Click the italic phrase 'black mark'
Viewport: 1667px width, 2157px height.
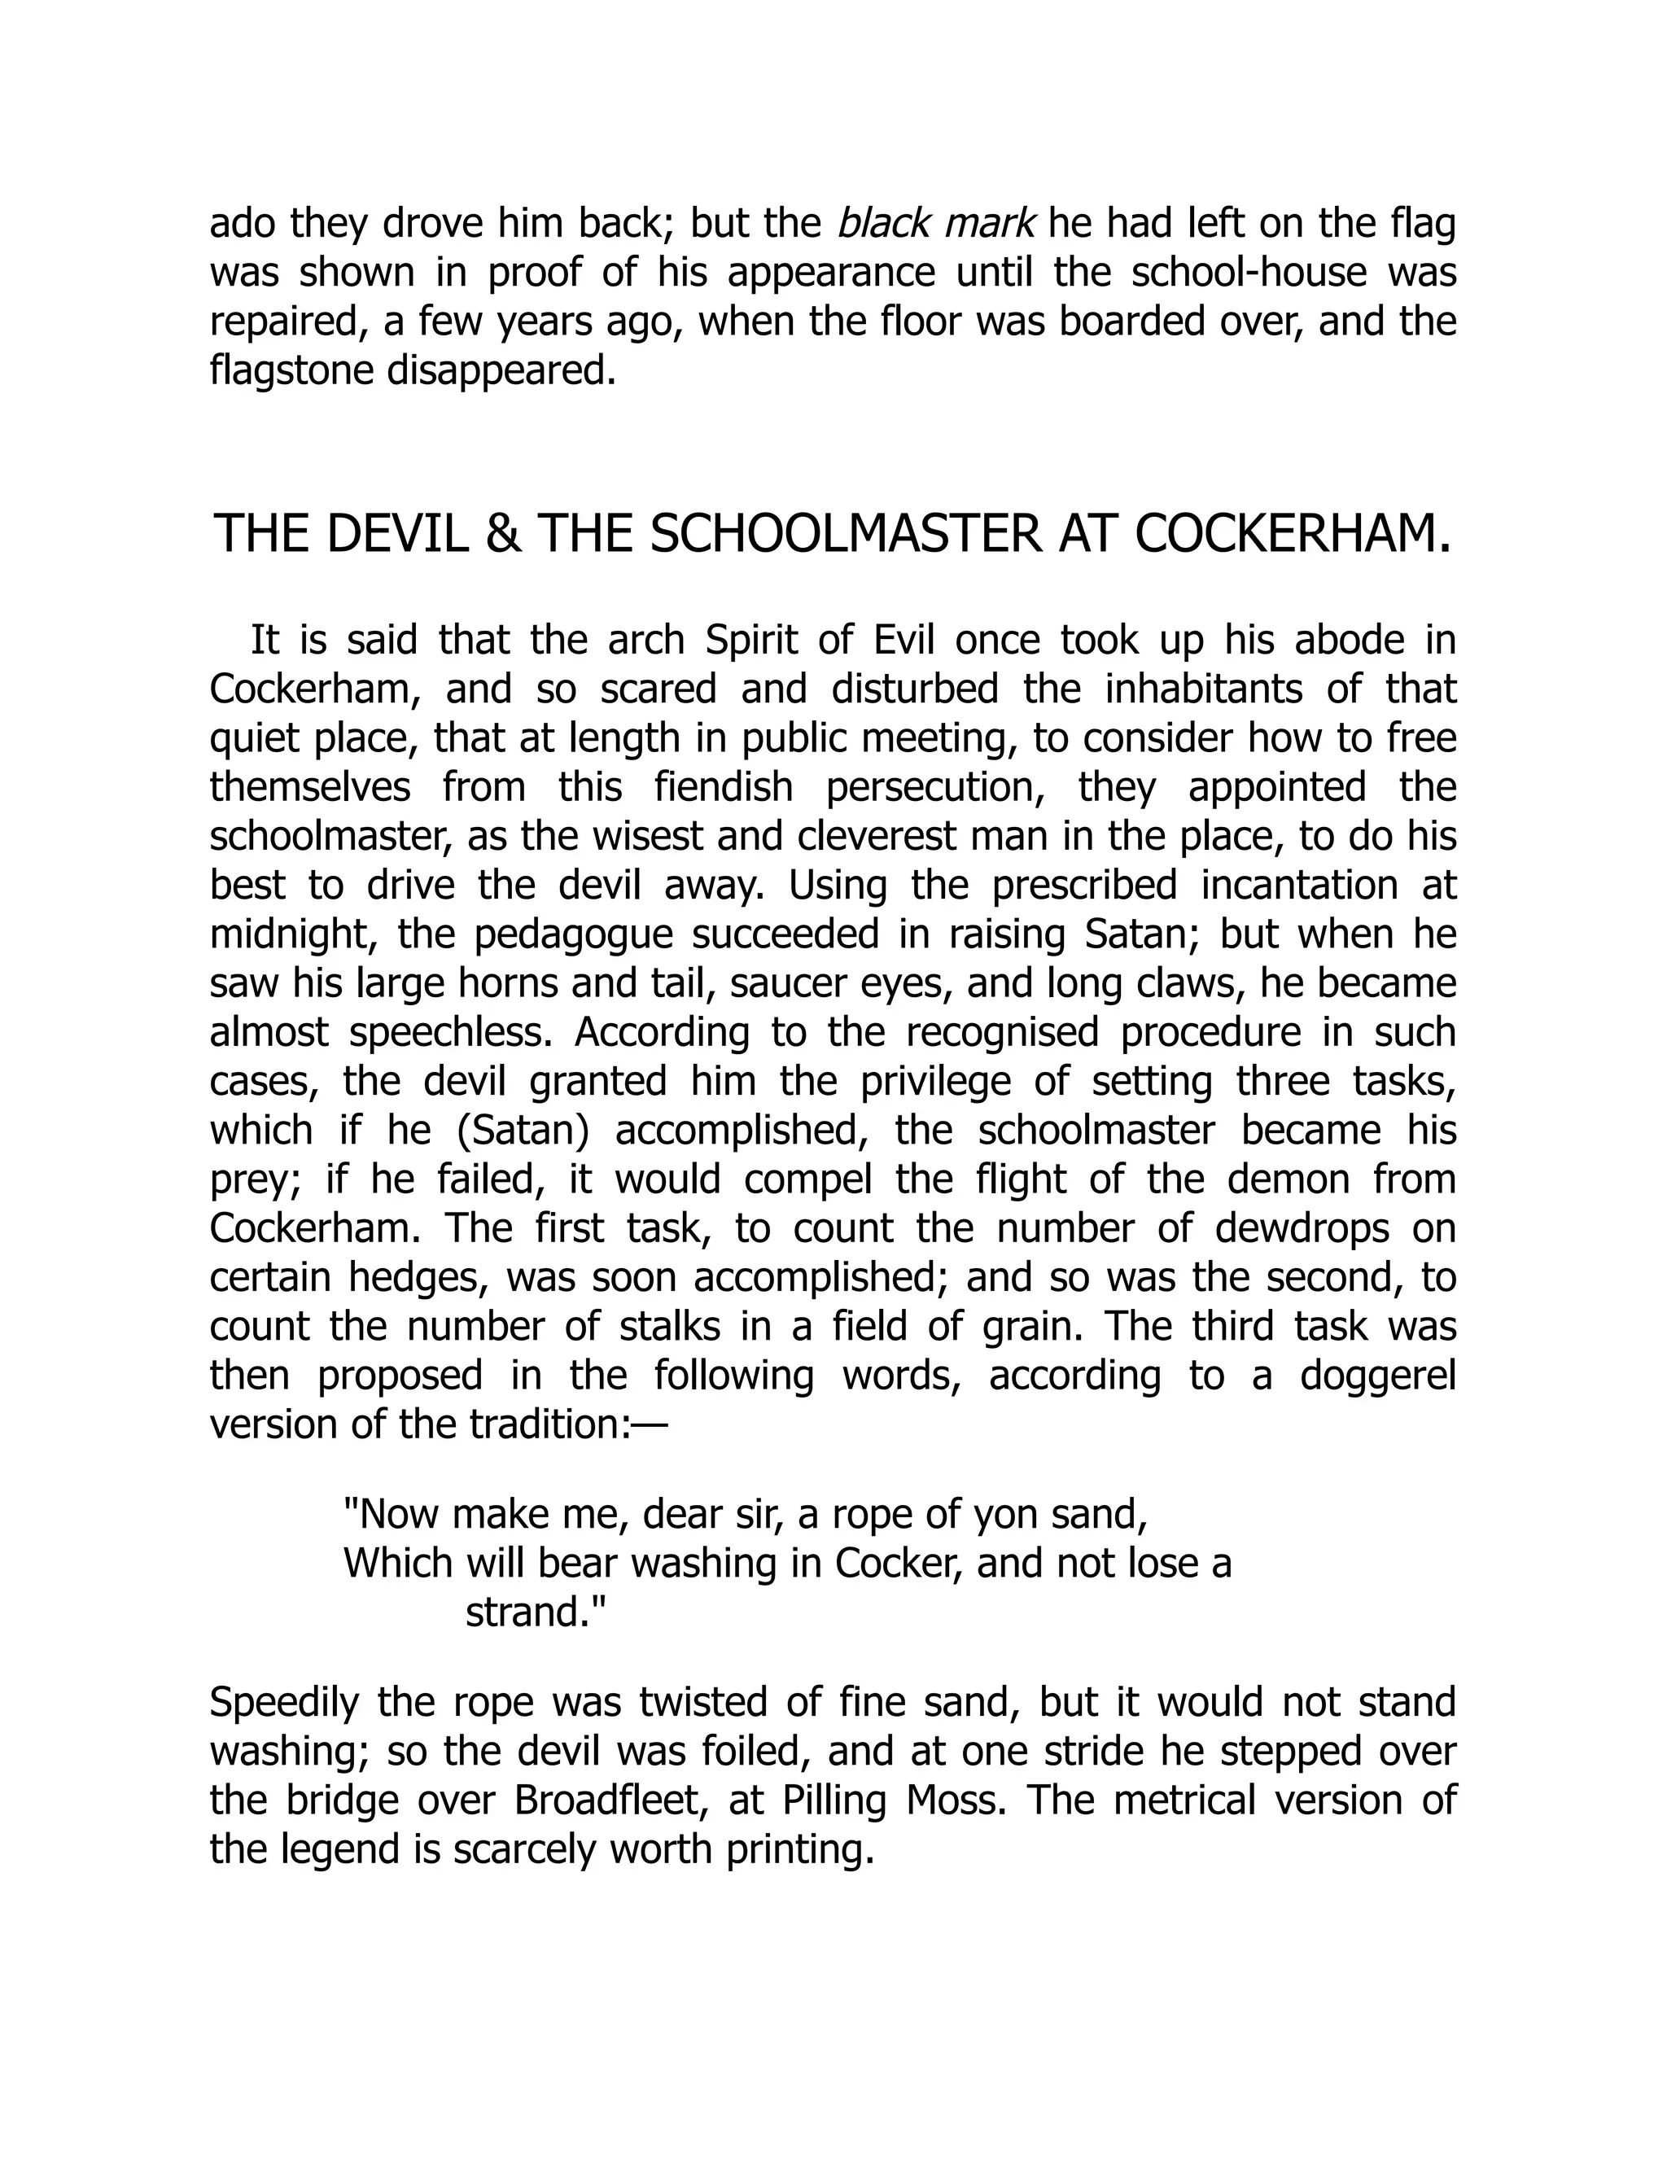click(x=935, y=224)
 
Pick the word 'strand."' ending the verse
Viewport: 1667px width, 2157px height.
click(x=534, y=1612)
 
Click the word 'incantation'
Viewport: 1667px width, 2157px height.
click(x=1297, y=885)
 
